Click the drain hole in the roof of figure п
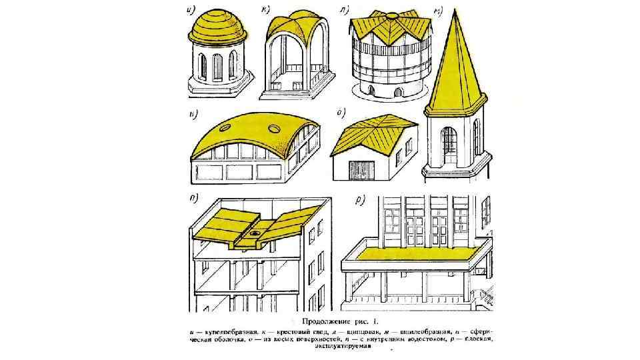tap(255, 234)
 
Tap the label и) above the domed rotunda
tap(192, 9)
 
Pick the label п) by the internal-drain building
tap(194, 197)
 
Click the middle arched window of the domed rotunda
tap(217, 67)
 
